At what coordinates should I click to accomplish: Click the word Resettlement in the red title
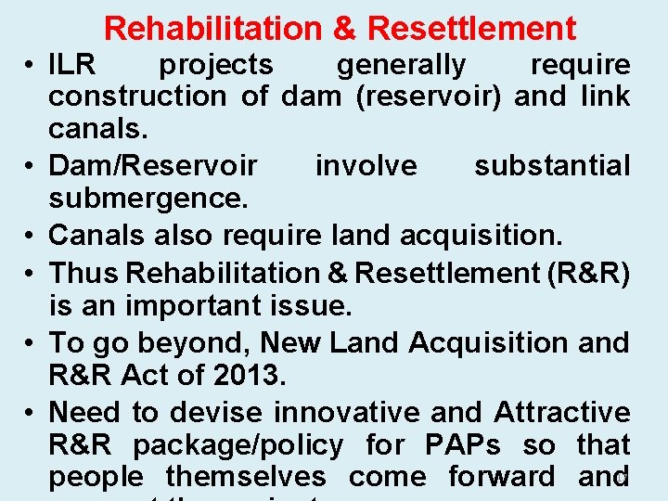click(x=471, y=29)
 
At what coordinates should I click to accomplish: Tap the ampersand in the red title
click(x=344, y=29)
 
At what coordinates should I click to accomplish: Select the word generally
click(x=402, y=65)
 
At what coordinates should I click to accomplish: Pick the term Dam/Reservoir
click(x=153, y=165)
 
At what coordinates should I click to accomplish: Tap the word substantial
click(x=552, y=165)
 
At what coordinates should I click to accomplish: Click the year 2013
click(x=251, y=376)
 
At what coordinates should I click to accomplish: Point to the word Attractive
click(x=562, y=411)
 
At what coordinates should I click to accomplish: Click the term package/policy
click(x=238, y=445)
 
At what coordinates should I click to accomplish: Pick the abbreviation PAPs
click(x=460, y=445)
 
